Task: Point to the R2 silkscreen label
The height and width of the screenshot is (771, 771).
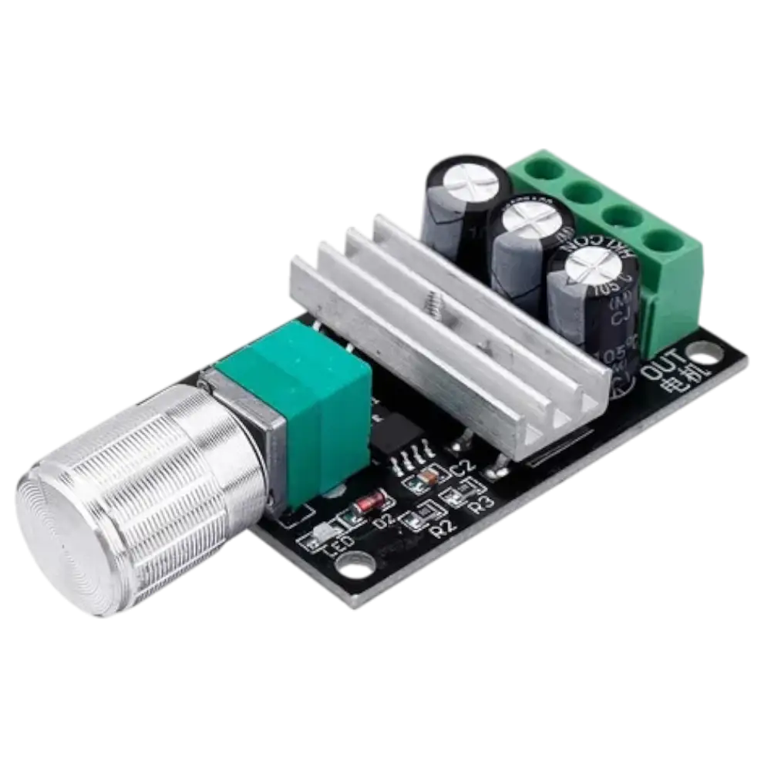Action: tap(444, 527)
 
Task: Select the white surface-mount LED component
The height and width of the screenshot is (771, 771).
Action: tap(318, 540)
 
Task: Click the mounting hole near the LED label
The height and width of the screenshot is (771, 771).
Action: tap(356, 571)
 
